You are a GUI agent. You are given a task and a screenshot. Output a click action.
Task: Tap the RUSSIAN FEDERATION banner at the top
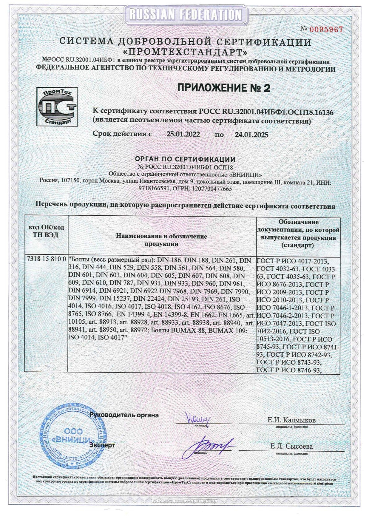coord(185,14)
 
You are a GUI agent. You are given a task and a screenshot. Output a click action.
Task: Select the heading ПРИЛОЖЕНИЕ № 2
coord(224,88)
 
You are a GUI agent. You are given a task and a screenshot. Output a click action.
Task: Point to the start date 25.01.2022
coord(183,134)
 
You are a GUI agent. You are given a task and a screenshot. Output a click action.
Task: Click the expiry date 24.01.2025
coord(251,135)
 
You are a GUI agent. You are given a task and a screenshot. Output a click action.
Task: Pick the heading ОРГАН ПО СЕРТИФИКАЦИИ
coord(185,159)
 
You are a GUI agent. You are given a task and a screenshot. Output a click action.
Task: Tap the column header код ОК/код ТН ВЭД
coord(46,231)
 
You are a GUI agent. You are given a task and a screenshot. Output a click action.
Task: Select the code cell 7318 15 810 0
coord(46,260)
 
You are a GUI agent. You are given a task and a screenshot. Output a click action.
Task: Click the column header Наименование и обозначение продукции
coord(161,240)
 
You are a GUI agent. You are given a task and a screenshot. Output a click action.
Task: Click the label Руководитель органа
coord(124,415)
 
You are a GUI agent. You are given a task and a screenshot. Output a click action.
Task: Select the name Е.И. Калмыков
coord(291,420)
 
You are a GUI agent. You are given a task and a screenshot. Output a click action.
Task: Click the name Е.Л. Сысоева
coord(291,446)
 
